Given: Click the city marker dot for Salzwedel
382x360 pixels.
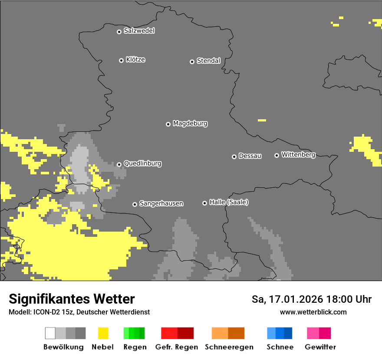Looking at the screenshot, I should pyautogui.click(x=119, y=32).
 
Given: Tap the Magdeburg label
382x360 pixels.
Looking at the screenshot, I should pyautogui.click(x=190, y=124).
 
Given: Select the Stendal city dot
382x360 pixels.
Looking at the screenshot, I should pyautogui.click(x=192, y=62).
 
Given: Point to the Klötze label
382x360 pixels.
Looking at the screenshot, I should pyautogui.click(x=135, y=60).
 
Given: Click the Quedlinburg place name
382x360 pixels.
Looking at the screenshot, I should pyautogui.click(x=142, y=164).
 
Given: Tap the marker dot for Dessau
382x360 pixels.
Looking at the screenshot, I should pyautogui.click(x=234, y=157).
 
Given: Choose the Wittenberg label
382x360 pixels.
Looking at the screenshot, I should pyautogui.click(x=298, y=155).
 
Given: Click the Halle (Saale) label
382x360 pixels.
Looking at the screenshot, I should pyautogui.click(x=229, y=202).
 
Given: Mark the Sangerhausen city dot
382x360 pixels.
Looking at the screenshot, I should pyautogui.click(x=135, y=204).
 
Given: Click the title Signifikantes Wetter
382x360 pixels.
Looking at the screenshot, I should pyautogui.click(x=72, y=299).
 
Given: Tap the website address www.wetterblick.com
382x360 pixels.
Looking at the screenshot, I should pyautogui.click(x=313, y=312).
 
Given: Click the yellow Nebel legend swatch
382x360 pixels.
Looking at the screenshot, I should pyautogui.click(x=103, y=333).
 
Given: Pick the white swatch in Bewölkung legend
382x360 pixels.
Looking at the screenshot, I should pyautogui.click(x=50, y=333).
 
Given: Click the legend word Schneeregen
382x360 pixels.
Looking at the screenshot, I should pyautogui.click(x=229, y=347).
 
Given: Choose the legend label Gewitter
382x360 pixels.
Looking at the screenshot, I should pyautogui.click(x=320, y=347).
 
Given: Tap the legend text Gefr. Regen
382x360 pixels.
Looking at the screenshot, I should pyautogui.click(x=177, y=347).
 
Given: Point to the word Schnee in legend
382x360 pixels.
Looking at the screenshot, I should pyautogui.click(x=280, y=347).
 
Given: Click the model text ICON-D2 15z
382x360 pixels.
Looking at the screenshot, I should pyautogui.click(x=51, y=312).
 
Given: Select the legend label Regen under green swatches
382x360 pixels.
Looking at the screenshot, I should pyautogui.click(x=135, y=347).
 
